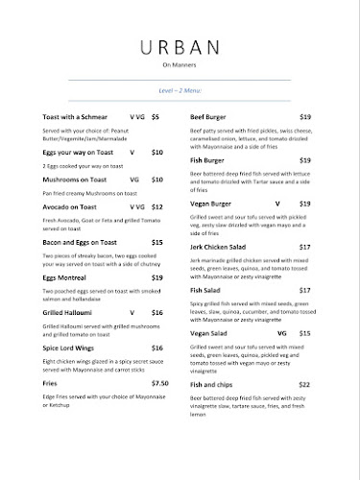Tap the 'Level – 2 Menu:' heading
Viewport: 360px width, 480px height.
coord(180,88)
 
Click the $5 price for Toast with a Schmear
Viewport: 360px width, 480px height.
coord(156,116)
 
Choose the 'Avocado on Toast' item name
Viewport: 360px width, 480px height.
coord(70,206)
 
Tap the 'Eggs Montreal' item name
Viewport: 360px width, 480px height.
coord(62,276)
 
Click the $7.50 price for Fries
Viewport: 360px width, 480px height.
coord(159,382)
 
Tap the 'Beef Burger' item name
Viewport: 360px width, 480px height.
coord(209,116)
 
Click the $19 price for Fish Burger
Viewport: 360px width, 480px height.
coord(304,158)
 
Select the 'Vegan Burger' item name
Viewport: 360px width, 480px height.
coord(212,204)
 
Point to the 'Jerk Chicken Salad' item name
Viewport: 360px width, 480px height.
coord(222,247)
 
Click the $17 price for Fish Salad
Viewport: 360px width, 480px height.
coord(304,289)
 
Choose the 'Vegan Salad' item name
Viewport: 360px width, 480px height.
coord(208,332)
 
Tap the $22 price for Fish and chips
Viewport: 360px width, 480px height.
coord(304,382)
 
